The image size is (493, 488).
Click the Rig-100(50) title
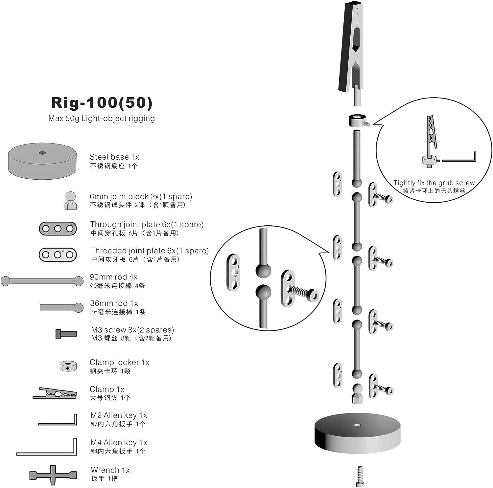[x=102, y=103]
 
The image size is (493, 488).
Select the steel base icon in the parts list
[x=42, y=161]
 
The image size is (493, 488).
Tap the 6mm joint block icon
[x=70, y=201]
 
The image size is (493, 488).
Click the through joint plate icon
[x=58, y=229]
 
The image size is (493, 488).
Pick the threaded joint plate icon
[x=58, y=255]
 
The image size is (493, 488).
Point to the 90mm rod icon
[x=42, y=281]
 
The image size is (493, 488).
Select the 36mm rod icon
[x=62, y=308]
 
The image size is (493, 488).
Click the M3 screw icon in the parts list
[x=66, y=334]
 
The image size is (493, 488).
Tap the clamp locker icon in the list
[x=68, y=366]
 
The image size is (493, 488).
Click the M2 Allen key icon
[x=58, y=420]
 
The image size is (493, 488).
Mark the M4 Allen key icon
[x=47, y=447]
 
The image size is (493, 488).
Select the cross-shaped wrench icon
[x=53, y=475]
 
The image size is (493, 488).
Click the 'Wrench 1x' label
[x=110, y=470]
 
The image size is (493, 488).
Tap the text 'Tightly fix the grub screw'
[x=434, y=183]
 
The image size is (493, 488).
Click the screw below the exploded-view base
[x=360, y=476]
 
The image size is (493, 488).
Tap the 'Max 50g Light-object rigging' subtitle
[x=102, y=119]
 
